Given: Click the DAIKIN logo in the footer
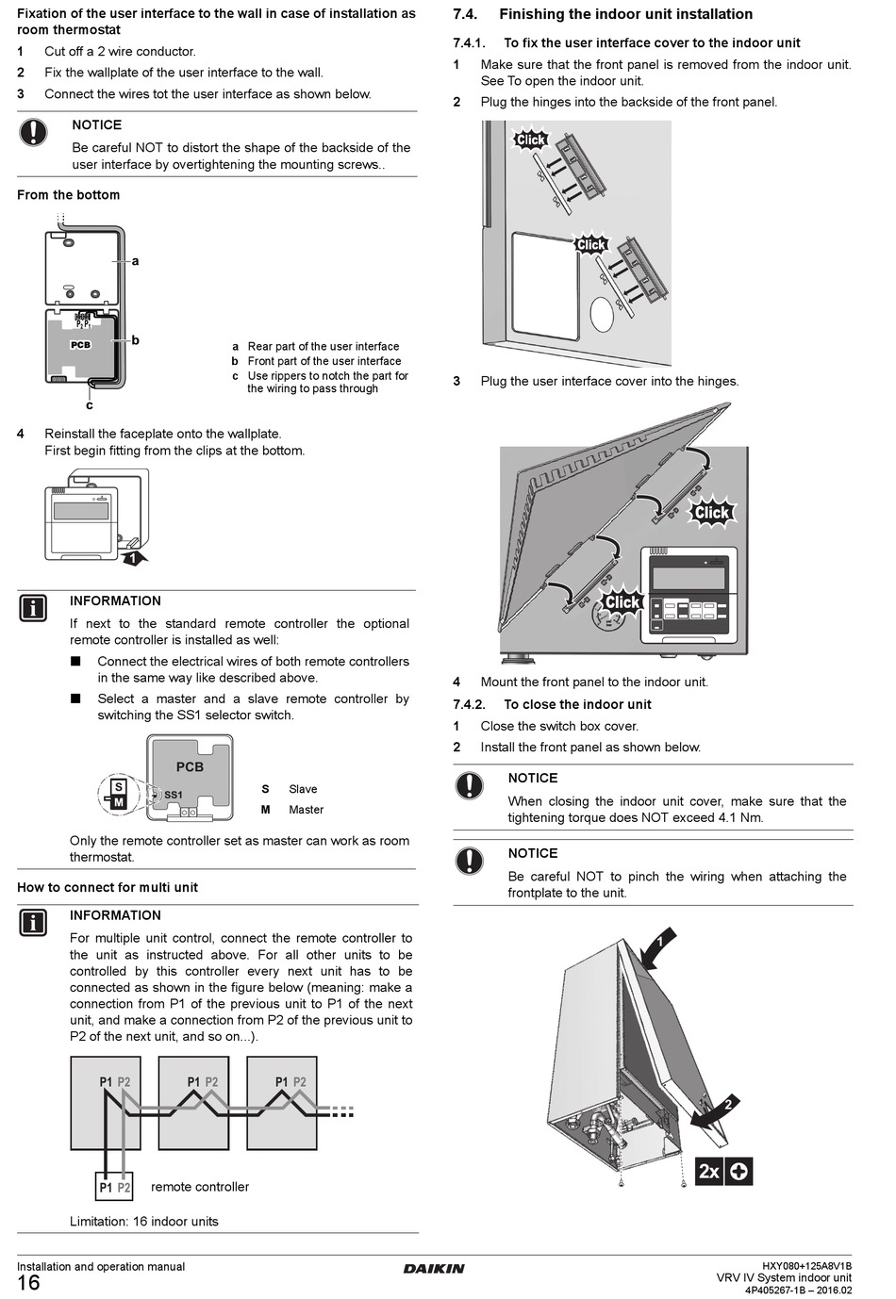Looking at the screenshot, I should click(434, 1268).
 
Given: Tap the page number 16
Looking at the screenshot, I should click(28, 1283).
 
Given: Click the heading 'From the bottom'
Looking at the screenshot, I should click(68, 195).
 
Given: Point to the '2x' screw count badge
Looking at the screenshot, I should click(709, 1172).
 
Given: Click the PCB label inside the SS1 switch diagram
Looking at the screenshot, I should click(190, 766).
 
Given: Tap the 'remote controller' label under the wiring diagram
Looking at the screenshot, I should click(200, 1187).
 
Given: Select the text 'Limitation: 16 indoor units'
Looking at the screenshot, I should click(143, 1222).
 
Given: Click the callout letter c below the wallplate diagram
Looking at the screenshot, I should click(90, 406).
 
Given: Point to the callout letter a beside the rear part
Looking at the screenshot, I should click(135, 261).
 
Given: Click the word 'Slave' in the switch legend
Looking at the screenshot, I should click(303, 789).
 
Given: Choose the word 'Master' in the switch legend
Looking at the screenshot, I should click(306, 810).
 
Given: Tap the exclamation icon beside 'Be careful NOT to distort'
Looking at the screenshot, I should click(33, 132).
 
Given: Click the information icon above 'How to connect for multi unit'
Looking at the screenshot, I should click(33, 608).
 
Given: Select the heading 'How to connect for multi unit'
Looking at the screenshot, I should click(108, 887).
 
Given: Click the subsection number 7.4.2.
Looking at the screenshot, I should click(469, 704).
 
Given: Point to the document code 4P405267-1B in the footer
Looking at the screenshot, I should click(776, 1291).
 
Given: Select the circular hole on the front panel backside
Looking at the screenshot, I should click(602, 315).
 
